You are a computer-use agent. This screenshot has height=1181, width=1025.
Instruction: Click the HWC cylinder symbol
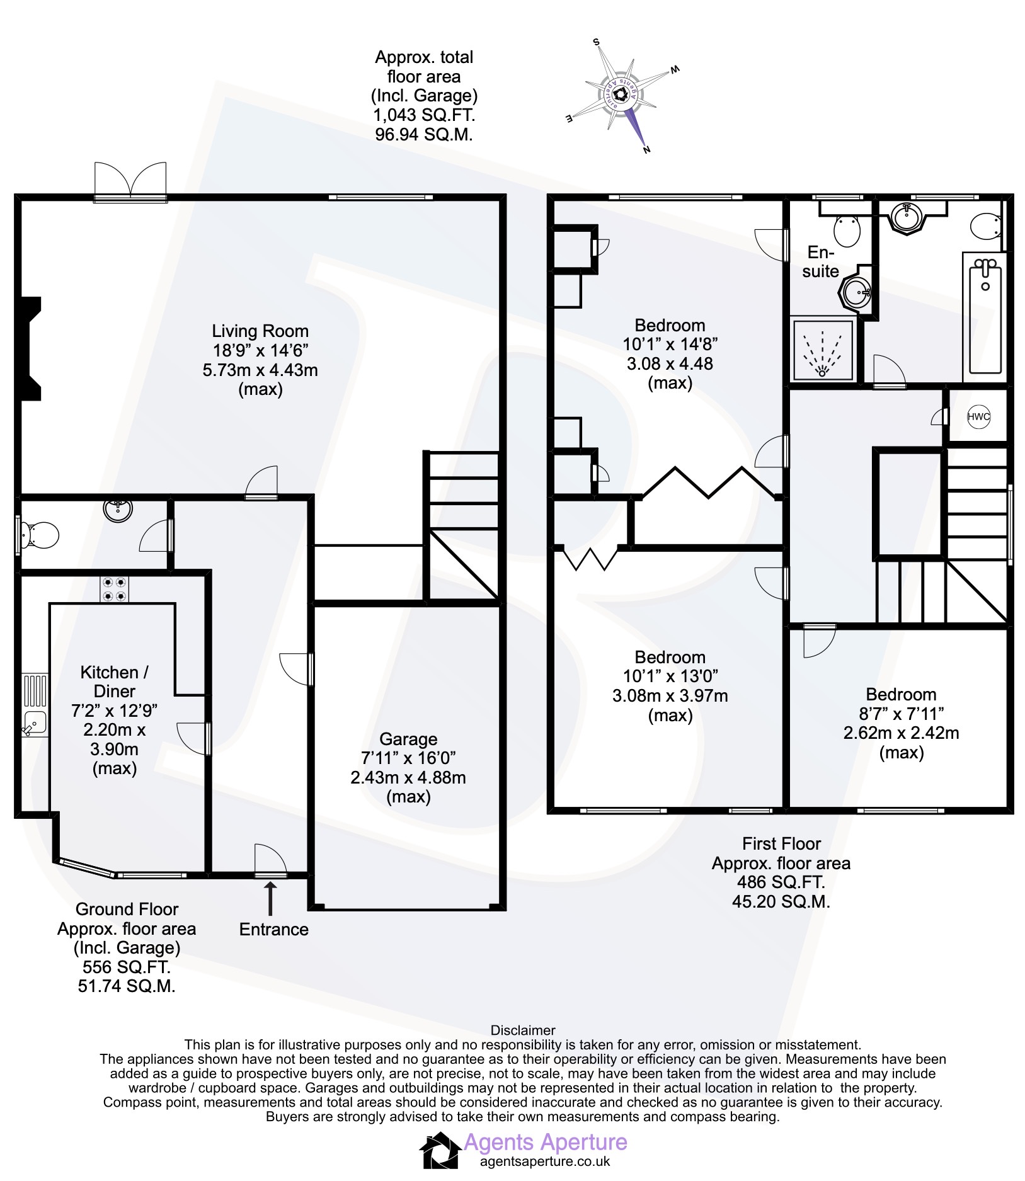pyautogui.click(x=978, y=416)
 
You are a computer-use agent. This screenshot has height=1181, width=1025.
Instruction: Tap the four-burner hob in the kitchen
pyautogui.click(x=114, y=589)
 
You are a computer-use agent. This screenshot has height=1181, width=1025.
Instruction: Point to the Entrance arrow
pyautogui.click(x=270, y=898)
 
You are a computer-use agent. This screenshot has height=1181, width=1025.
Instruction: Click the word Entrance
pyautogui.click(x=274, y=930)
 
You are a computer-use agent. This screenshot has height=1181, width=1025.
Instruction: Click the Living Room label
pyautogui.click(x=260, y=331)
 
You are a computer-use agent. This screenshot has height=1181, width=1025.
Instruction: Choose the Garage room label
pyautogui.click(x=408, y=739)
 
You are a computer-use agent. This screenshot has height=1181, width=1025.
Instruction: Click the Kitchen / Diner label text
pyautogui.click(x=115, y=682)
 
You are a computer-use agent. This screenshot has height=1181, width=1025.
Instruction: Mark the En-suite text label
pyautogui.click(x=821, y=261)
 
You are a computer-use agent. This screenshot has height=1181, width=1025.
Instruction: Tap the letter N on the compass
pyautogui.click(x=646, y=149)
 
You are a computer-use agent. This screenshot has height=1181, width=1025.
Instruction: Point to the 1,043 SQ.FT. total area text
pyautogui.click(x=424, y=115)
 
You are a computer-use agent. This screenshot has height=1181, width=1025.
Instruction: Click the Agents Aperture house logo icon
pyautogui.click(x=440, y=1150)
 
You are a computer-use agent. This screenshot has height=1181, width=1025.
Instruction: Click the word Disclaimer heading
pyautogui.click(x=523, y=1030)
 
